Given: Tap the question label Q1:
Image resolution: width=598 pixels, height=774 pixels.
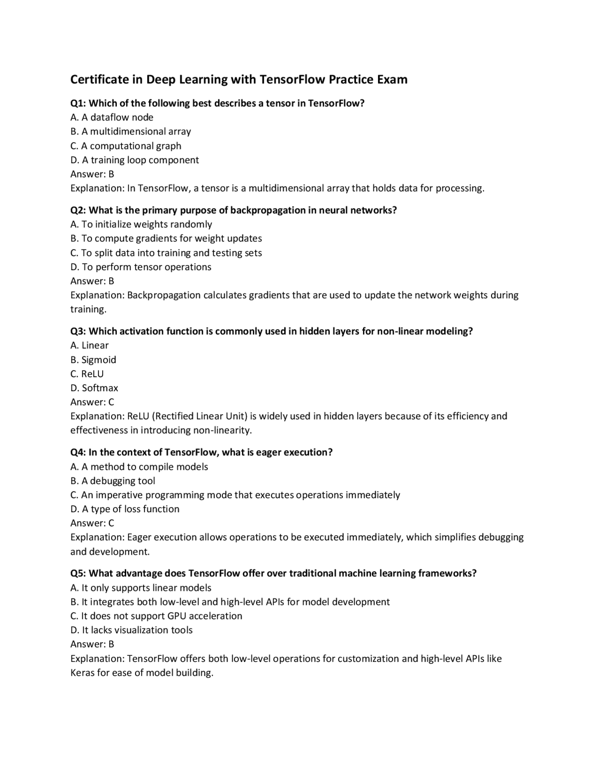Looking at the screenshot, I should (x=78, y=103).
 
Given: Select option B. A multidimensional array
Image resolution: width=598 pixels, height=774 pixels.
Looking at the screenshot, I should (x=130, y=131).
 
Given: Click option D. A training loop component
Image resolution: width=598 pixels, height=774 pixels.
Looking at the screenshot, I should (x=135, y=160).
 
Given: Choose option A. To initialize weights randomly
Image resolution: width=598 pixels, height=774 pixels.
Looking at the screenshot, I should (x=141, y=224).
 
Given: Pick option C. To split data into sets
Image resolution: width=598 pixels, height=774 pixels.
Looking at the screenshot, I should (x=166, y=253).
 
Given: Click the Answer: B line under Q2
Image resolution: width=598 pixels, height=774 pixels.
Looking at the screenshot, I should (x=92, y=281).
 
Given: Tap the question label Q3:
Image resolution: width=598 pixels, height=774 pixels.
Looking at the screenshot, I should (x=78, y=331).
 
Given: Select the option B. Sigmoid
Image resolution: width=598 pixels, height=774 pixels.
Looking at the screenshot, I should (x=93, y=360).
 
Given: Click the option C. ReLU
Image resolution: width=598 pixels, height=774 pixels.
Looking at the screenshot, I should (x=87, y=374).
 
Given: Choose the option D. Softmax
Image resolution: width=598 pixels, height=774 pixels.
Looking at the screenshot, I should (x=94, y=388).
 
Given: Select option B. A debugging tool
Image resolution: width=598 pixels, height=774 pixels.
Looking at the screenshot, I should (x=113, y=481).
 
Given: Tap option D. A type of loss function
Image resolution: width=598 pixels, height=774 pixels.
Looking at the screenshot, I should (x=125, y=509).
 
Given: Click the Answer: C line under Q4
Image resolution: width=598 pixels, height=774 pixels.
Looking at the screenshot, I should (x=92, y=523).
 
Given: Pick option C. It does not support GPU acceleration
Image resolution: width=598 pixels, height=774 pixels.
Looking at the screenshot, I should (x=156, y=616).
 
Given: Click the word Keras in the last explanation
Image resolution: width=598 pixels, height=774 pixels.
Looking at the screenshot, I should (x=82, y=673).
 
